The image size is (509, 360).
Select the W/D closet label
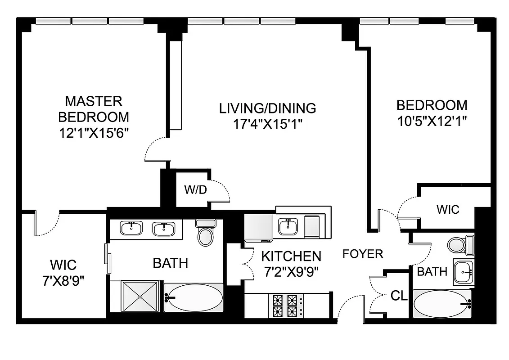(x=195, y=190)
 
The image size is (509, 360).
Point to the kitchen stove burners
(x=286, y=306)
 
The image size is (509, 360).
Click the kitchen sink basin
(x=287, y=227)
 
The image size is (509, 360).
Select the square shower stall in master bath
(x=140, y=296)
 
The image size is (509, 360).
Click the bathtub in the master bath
(x=194, y=297)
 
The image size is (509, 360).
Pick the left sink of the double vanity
(x=131, y=229)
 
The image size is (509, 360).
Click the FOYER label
(x=363, y=254)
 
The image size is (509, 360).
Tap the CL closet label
(x=398, y=296)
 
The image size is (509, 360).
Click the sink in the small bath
(x=463, y=272)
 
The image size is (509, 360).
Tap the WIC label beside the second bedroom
(x=448, y=209)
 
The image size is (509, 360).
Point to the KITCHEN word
(x=291, y=256)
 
